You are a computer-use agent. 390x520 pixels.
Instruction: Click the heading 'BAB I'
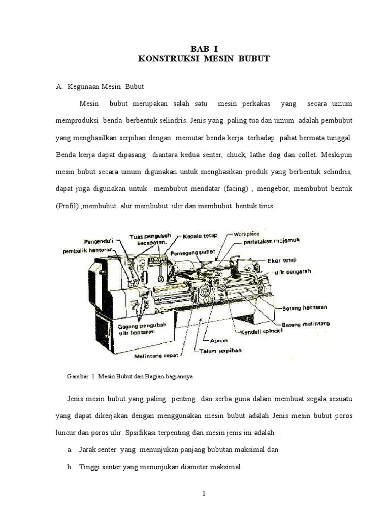click(203, 49)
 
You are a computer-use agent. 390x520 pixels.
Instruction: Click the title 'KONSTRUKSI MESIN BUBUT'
click(203, 59)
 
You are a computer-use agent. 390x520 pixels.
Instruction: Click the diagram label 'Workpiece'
click(246, 235)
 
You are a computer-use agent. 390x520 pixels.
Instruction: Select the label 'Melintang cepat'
click(156, 356)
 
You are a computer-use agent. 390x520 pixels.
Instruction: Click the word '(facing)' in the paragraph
click(235, 189)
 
